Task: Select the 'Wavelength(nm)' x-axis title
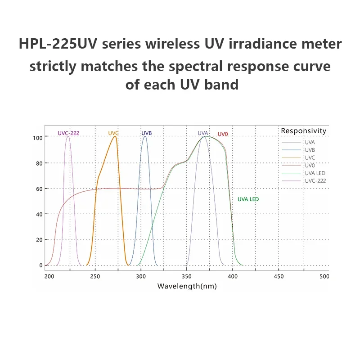[x=187, y=286]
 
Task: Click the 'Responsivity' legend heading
[x=303, y=131]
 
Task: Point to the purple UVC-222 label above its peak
[x=68, y=133]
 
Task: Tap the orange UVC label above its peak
[x=113, y=133]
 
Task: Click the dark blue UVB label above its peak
[x=147, y=133]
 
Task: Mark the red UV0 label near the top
[x=223, y=134]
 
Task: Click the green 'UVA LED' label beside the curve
[x=248, y=199]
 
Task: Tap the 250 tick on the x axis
[x=95, y=276]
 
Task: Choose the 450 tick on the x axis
[x=279, y=276]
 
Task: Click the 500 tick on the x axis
[x=324, y=276]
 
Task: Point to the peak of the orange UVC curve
[x=116, y=136]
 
